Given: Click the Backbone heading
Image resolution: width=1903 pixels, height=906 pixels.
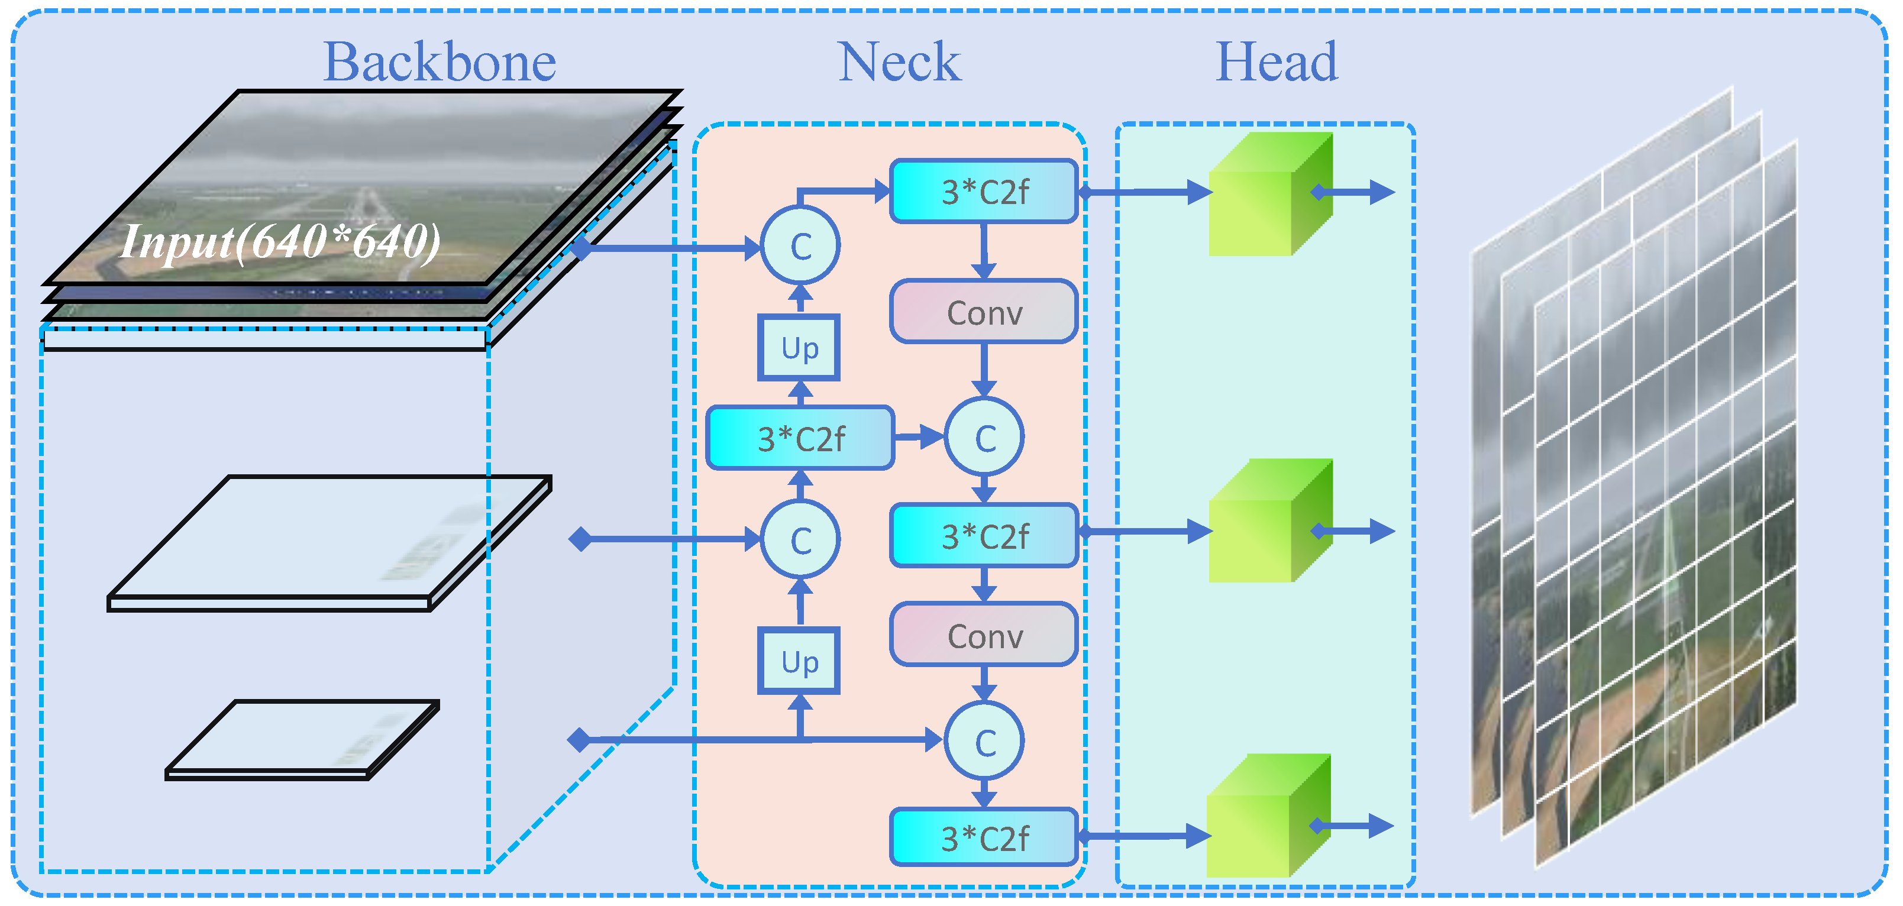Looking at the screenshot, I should [x=440, y=63].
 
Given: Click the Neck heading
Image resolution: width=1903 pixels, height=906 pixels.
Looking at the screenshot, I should [x=899, y=63].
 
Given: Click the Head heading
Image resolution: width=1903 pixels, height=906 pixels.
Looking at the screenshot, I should [x=1276, y=63].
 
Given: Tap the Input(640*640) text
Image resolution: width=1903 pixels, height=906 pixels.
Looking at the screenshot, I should [x=281, y=241].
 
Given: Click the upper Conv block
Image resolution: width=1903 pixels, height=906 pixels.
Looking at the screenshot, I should [x=984, y=312].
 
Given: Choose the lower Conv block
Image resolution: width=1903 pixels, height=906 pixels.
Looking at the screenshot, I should [x=984, y=635].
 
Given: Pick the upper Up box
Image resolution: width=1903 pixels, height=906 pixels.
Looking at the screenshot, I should [x=799, y=348].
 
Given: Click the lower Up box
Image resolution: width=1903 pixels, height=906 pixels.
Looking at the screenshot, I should [x=799, y=661].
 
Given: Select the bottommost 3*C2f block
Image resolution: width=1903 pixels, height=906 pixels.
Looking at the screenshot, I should [x=984, y=838].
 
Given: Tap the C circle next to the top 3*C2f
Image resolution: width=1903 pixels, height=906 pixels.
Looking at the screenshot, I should [x=800, y=247].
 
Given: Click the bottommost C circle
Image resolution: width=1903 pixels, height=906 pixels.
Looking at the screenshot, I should [x=985, y=742].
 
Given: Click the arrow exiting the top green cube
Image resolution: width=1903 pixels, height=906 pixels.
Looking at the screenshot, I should [x=1356, y=193].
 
